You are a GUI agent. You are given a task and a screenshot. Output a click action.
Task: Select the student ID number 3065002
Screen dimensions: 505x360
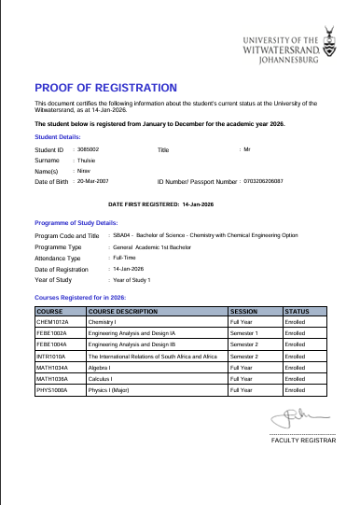(x=89, y=148)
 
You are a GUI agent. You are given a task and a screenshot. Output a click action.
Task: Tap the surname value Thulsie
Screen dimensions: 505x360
(x=86, y=160)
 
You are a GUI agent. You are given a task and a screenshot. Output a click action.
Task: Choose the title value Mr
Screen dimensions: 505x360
(x=247, y=149)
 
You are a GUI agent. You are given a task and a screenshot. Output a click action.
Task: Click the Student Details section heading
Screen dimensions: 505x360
(x=57, y=136)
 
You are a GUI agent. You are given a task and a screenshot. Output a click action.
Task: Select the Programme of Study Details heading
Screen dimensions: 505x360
(x=76, y=224)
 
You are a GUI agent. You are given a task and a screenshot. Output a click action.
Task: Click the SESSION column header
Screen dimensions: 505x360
(x=243, y=310)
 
